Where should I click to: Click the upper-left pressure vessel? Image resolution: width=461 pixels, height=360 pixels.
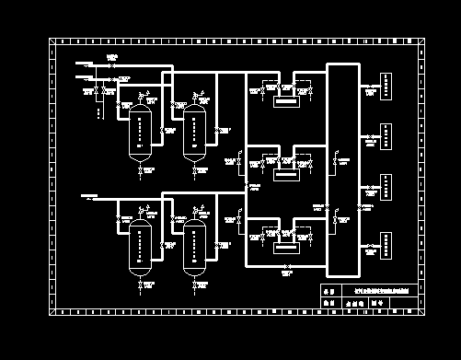tap(141, 134)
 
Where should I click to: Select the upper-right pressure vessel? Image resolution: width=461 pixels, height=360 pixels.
tap(195, 134)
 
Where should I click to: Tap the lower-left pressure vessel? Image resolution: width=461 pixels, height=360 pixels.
tap(141, 247)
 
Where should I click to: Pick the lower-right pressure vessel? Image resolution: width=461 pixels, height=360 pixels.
tap(195, 247)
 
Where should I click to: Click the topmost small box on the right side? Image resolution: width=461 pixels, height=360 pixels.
tap(388, 89)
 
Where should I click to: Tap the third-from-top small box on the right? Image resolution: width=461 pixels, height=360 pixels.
tap(388, 190)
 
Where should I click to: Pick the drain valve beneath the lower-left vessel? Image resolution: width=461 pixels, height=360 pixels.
tap(141, 288)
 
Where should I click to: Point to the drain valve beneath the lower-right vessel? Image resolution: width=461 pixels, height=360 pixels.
tap(195, 288)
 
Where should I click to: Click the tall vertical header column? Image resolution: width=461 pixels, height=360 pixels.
tap(342, 169)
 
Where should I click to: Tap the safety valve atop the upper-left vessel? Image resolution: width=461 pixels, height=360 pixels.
tap(140, 97)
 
